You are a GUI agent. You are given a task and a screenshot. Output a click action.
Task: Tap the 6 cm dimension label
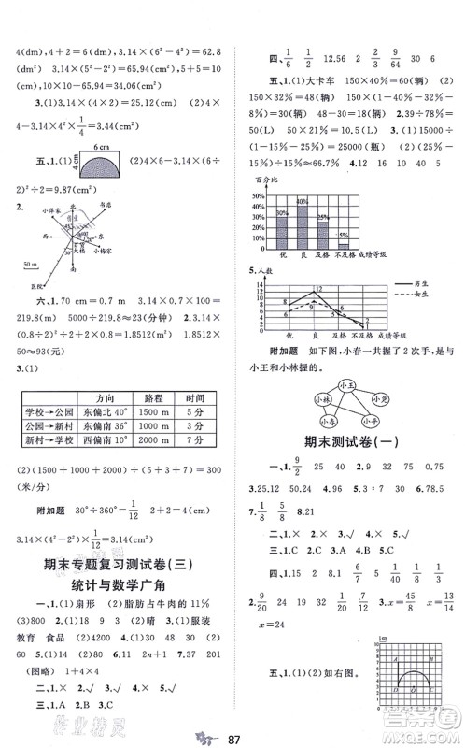tap(106, 147)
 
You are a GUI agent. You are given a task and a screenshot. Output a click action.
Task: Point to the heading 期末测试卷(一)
tap(349, 441)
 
